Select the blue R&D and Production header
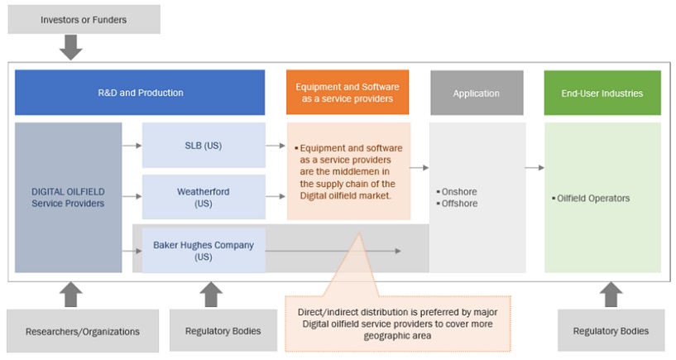140,93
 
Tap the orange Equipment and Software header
348,93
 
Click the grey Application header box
476,93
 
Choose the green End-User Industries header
602,93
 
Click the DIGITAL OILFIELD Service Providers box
68,197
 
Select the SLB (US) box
204,146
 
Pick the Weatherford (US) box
204,197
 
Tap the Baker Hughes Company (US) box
204,250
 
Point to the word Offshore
460,204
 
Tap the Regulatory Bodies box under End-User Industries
611,331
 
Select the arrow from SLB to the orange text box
276,146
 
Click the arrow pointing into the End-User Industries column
535,168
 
